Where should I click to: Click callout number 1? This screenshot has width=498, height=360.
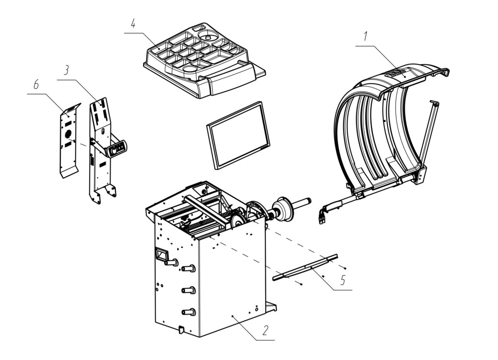[365, 36]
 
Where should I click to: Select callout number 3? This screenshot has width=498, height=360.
[66, 70]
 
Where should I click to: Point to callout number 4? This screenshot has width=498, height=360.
[133, 23]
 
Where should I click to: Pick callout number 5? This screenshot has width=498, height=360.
[342, 280]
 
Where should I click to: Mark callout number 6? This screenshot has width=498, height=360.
[36, 85]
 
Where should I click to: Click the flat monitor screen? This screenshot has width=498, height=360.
[238, 135]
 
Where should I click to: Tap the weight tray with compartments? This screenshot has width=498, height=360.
[204, 60]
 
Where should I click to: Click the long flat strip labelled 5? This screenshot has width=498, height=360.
[305, 267]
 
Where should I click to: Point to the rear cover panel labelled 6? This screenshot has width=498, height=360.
[69, 140]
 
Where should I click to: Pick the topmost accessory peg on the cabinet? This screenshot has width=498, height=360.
[171, 262]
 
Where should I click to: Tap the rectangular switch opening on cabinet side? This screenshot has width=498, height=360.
[161, 255]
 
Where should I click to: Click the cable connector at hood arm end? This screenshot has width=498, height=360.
[323, 215]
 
